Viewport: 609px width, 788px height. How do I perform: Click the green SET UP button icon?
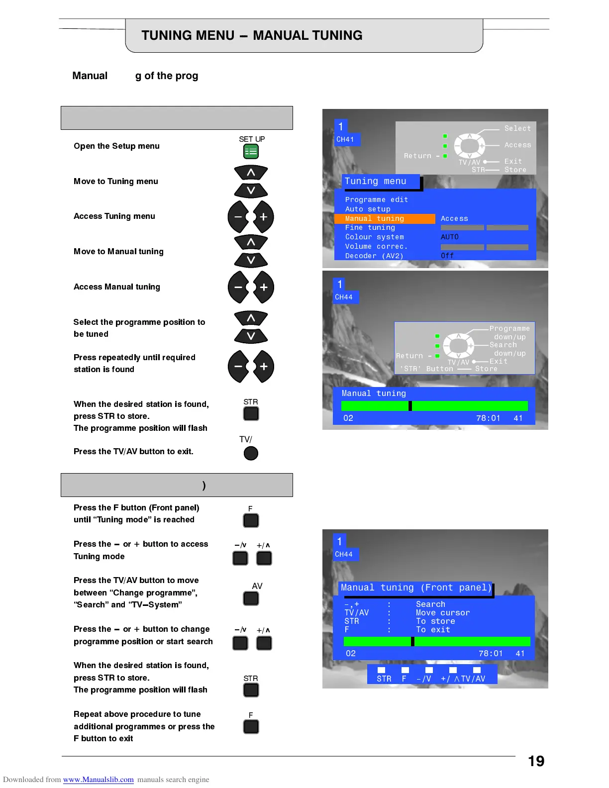(x=251, y=151)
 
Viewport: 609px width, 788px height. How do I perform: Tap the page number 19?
(x=536, y=761)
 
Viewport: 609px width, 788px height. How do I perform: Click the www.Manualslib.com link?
(x=98, y=780)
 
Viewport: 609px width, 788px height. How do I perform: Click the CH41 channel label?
(x=345, y=139)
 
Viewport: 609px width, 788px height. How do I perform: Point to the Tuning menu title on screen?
(x=376, y=182)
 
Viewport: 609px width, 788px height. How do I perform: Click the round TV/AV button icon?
(x=251, y=453)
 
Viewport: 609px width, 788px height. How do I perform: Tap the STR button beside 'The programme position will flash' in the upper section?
(x=251, y=413)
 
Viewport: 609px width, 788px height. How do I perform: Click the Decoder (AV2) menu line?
(x=374, y=256)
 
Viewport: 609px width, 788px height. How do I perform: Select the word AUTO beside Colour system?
(x=450, y=237)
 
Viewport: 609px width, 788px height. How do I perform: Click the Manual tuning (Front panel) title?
(x=415, y=588)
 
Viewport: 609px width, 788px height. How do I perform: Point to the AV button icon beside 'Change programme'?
(x=251, y=598)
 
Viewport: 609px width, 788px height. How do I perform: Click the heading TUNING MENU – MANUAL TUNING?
(x=252, y=35)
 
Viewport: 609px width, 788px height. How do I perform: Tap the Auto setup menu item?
(x=368, y=209)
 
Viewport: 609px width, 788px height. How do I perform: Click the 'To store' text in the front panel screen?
(x=435, y=621)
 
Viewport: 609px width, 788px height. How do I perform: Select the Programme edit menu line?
(x=377, y=199)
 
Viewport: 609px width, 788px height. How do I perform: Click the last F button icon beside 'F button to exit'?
(x=251, y=727)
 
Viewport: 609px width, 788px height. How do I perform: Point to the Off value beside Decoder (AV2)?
(x=447, y=256)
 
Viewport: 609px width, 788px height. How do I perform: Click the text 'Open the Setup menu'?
(x=116, y=146)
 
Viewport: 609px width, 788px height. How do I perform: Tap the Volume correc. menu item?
(x=376, y=246)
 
